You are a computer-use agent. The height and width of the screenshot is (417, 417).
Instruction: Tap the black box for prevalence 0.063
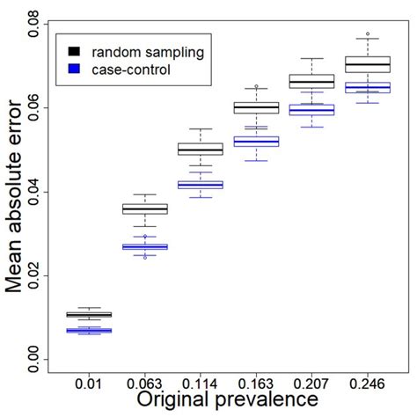(x=145, y=209)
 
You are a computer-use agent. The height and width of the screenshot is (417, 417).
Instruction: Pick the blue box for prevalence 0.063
(x=145, y=247)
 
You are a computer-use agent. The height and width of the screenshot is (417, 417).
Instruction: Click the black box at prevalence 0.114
(x=201, y=150)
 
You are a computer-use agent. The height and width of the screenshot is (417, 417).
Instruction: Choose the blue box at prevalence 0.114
(x=201, y=185)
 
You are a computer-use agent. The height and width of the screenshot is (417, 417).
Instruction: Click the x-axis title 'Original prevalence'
(x=227, y=400)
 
